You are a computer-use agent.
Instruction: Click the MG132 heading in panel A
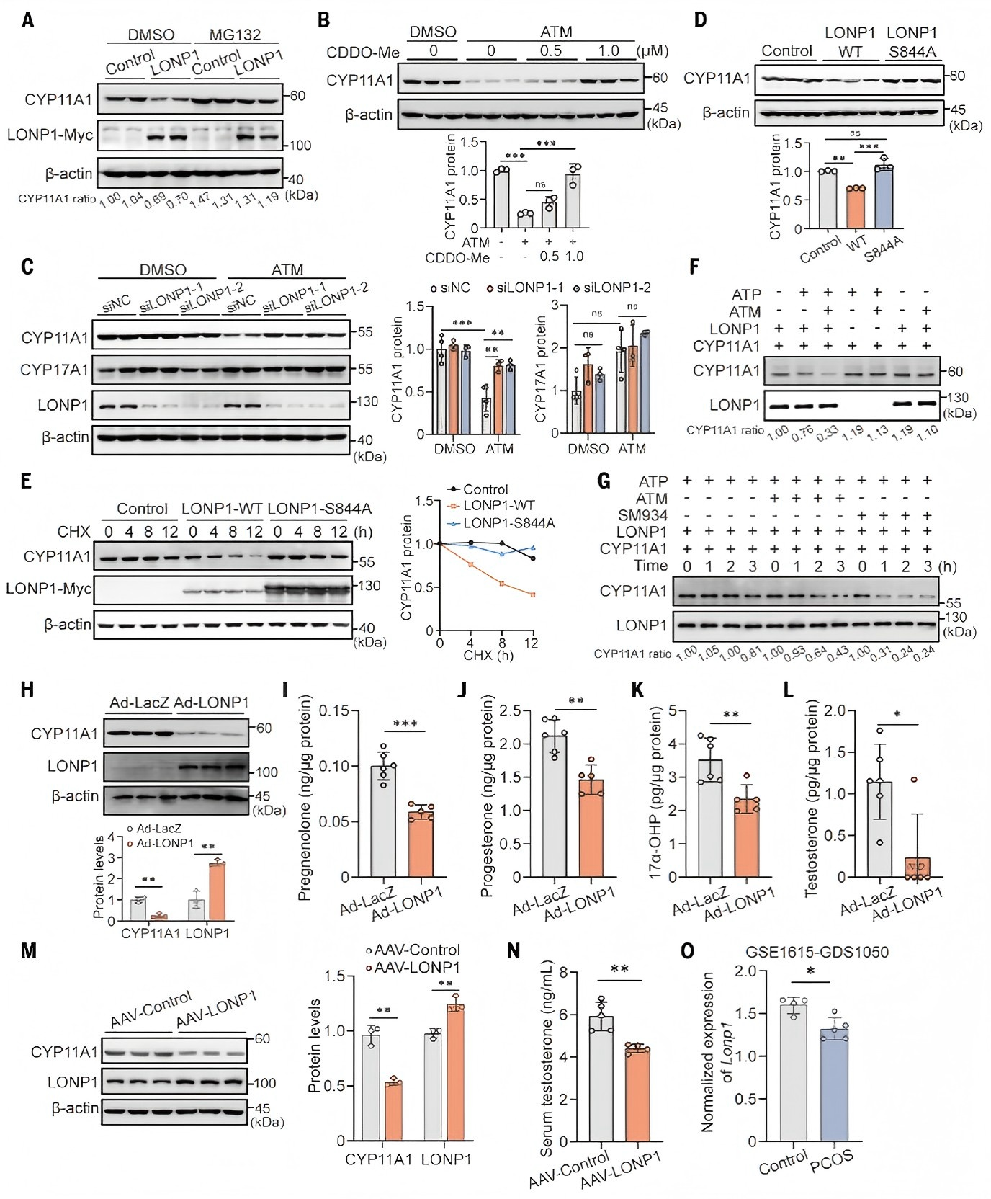click(x=235, y=34)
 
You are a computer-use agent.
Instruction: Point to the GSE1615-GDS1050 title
click(x=817, y=952)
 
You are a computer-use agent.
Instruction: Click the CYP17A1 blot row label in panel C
click(x=54, y=370)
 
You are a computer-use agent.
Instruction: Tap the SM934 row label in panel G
click(x=642, y=515)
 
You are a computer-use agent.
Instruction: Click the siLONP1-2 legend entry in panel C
click(x=612, y=288)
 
